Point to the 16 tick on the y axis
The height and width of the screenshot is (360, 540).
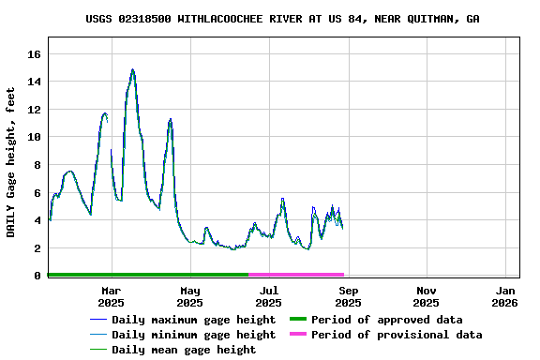[36, 54]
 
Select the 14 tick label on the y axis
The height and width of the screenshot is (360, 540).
[36, 82]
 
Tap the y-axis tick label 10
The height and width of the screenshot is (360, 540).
[36, 137]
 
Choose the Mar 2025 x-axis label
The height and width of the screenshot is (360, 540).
[111, 296]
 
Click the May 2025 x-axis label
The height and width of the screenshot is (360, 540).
[189, 296]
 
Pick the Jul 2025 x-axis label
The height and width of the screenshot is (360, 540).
[268, 296]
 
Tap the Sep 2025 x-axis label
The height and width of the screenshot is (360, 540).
[348, 296]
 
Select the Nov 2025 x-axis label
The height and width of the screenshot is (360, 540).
[426, 296]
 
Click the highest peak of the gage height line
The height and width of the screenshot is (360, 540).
[133, 69]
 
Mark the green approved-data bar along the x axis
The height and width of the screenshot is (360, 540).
[148, 275]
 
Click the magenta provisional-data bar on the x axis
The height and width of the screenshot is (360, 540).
[296, 275]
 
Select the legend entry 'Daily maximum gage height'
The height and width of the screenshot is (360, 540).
[193, 320]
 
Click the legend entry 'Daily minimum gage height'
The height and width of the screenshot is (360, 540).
[193, 335]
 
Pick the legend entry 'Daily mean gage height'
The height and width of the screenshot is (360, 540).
[184, 350]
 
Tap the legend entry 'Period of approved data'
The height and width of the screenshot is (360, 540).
[386, 320]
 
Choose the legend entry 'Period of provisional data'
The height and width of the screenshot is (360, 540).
[397, 335]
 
